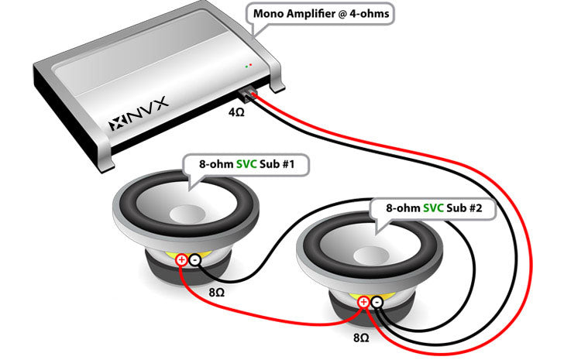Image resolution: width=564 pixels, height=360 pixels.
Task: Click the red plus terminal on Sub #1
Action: click(x=181, y=260)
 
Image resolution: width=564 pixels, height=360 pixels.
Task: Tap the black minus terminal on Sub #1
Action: click(x=194, y=260)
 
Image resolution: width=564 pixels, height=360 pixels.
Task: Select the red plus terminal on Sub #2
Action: click(x=363, y=301)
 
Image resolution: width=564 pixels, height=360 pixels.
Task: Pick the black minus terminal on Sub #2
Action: click(x=376, y=301)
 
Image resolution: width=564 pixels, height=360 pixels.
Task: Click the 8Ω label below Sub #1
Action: click(x=218, y=294)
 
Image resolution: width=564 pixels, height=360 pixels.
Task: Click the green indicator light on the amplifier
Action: click(x=246, y=67)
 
